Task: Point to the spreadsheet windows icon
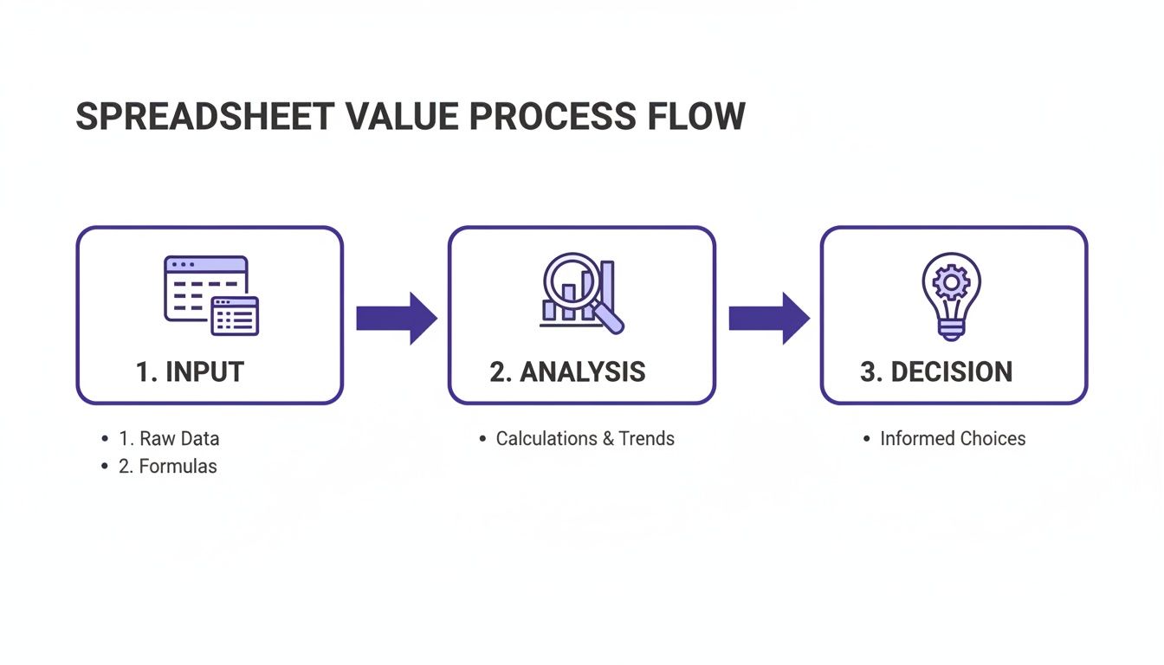click(211, 295)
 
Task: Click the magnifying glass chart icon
click(581, 293)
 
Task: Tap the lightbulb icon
click(952, 295)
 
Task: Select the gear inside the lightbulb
click(952, 281)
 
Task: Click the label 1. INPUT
click(190, 371)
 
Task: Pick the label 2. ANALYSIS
click(567, 371)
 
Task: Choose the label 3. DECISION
click(936, 371)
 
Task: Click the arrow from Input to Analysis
click(396, 319)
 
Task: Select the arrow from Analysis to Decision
click(768, 319)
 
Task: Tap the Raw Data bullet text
click(169, 439)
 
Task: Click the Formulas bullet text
click(168, 467)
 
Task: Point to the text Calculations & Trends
click(585, 439)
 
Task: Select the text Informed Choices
click(953, 439)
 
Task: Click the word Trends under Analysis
click(646, 439)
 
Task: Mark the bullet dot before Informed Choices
click(867, 440)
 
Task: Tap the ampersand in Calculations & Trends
click(606, 439)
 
